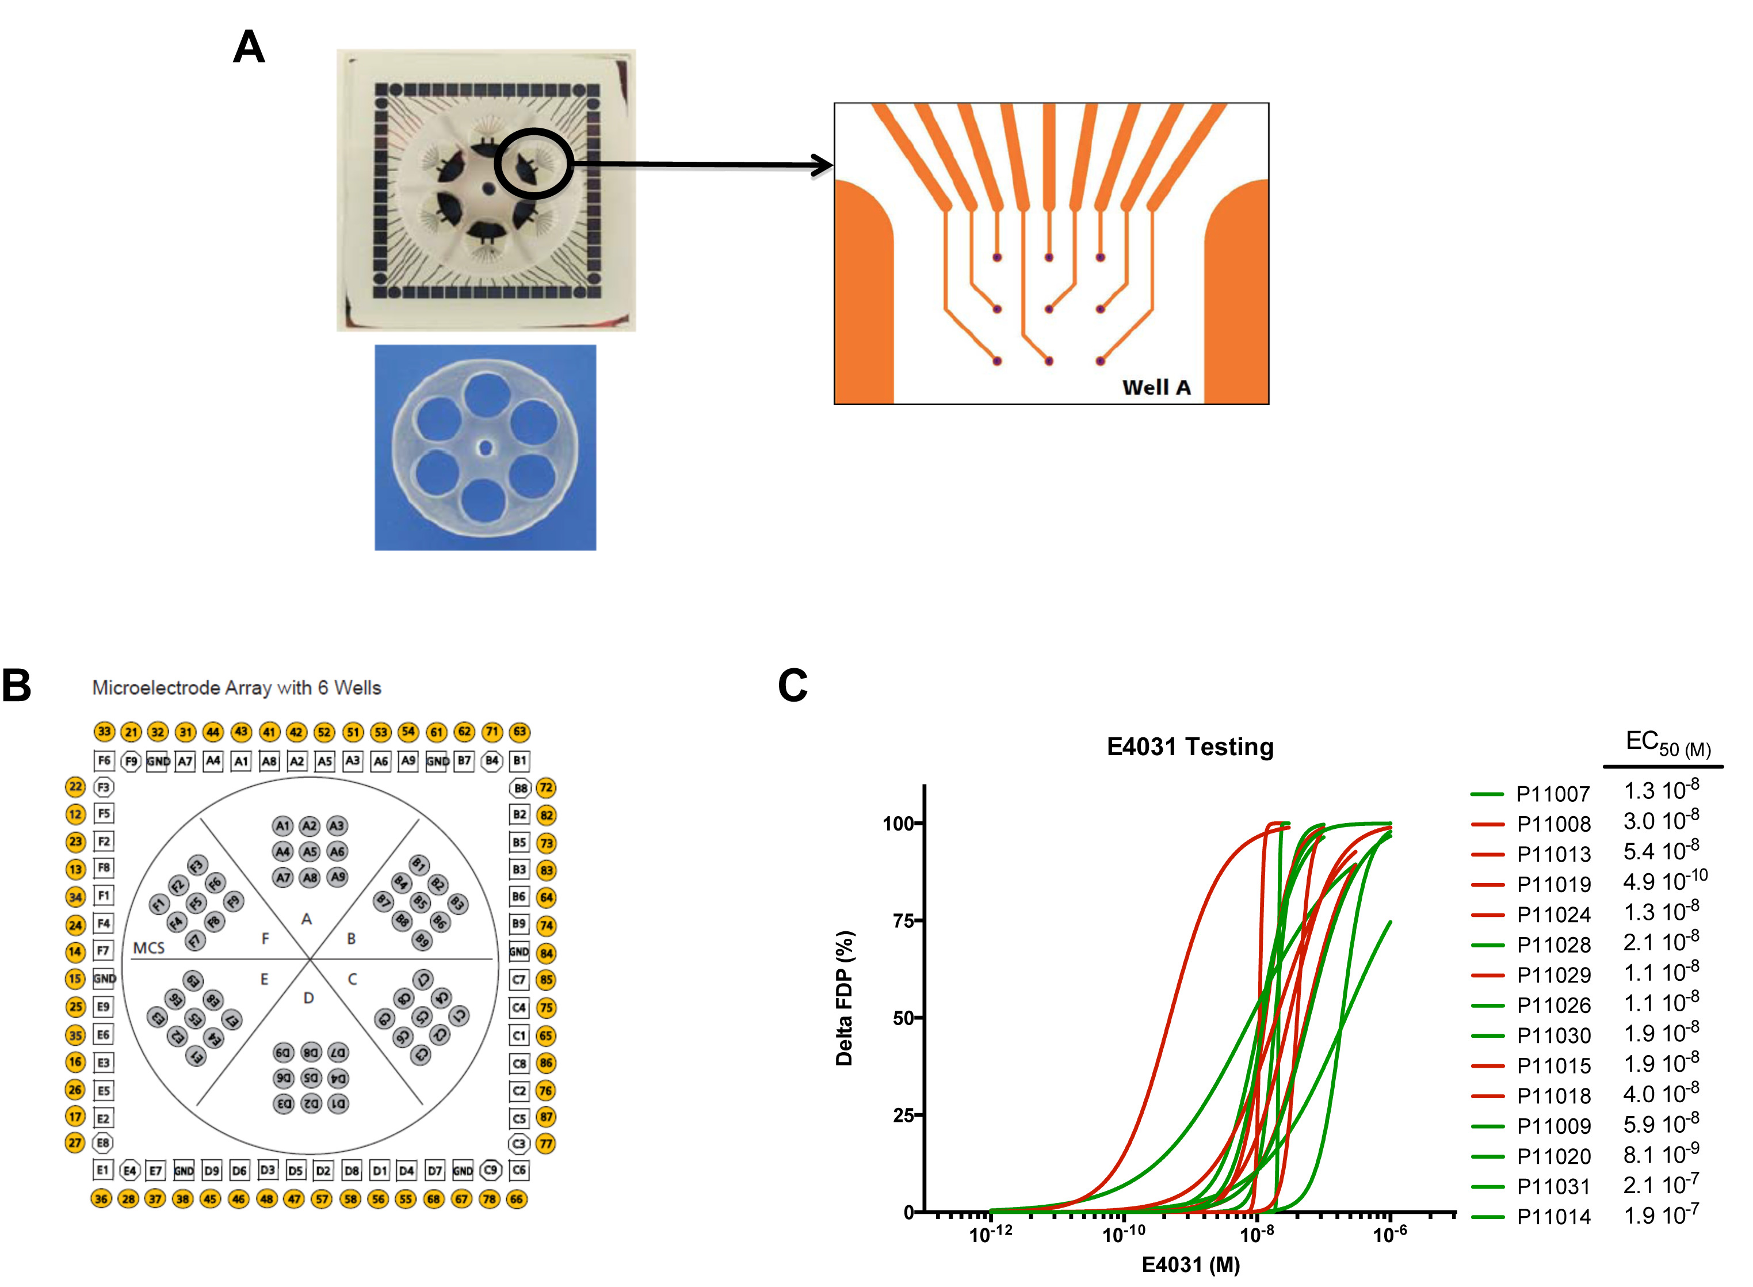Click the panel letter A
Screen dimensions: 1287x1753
coord(249,48)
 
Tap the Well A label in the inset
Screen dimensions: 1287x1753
coord(1156,387)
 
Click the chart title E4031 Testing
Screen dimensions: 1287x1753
coord(1189,747)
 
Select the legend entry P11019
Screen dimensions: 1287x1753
coord(1552,884)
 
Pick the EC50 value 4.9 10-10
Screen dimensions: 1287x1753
coord(1664,881)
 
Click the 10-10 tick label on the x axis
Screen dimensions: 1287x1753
coord(1123,1235)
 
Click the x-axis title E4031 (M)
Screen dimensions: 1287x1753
coord(1190,1265)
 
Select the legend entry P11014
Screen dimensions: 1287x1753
coord(1552,1217)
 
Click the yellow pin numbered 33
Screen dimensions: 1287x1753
coord(104,732)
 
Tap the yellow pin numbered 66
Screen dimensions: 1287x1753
coord(516,1199)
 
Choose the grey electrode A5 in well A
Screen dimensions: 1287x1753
coord(309,851)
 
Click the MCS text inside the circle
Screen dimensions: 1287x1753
coord(149,947)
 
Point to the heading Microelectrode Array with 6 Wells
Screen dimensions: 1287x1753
coord(237,688)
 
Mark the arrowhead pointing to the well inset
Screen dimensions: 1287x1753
coord(824,165)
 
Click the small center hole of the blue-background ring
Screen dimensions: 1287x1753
coord(485,447)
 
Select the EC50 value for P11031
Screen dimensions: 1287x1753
coord(1660,1185)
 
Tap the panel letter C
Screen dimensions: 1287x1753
coord(793,686)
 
